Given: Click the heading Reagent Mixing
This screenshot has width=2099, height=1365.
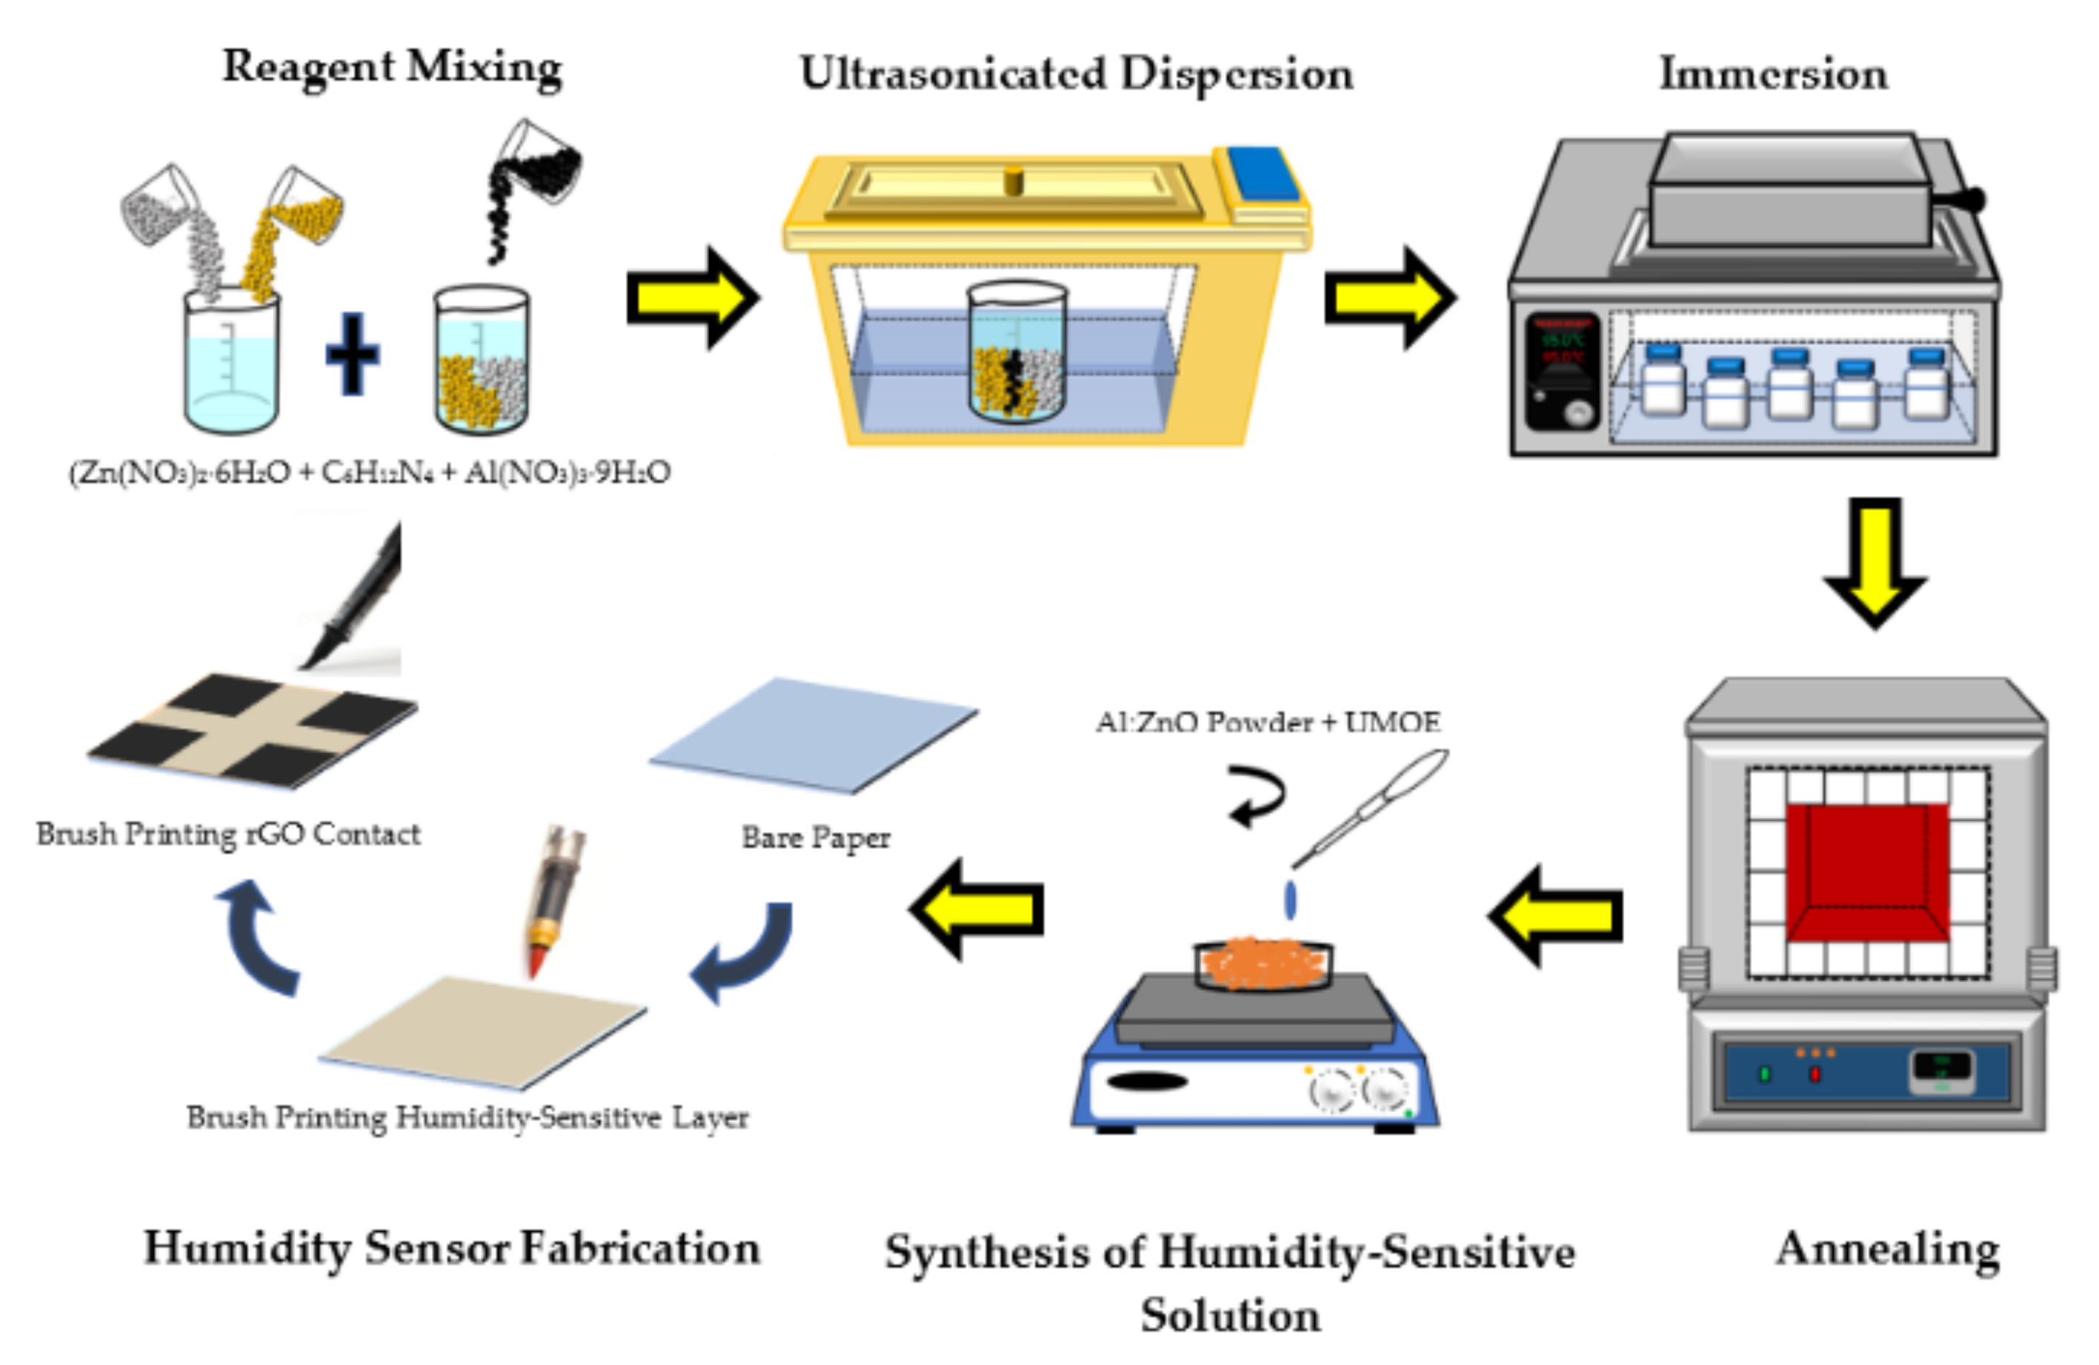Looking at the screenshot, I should pyautogui.click(x=392, y=67).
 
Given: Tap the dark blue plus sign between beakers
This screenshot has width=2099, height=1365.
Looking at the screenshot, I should pyautogui.click(x=353, y=353).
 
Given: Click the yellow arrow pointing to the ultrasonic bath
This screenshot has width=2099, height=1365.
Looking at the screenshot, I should pyautogui.click(x=692, y=298).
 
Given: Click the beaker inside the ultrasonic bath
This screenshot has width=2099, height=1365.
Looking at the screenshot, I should pyautogui.click(x=1016, y=351).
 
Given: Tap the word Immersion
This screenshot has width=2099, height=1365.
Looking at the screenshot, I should pyautogui.click(x=1773, y=73).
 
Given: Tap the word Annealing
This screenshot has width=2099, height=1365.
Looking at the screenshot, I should pyautogui.click(x=1886, y=1249).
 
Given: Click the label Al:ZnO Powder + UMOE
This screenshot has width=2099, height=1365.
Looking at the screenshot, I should pyautogui.click(x=1268, y=722).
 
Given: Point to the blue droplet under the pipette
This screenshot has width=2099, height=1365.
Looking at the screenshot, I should pyautogui.click(x=1290, y=899).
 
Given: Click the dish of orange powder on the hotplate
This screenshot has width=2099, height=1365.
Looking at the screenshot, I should pyautogui.click(x=1263, y=964).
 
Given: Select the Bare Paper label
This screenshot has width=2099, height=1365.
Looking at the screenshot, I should pyautogui.click(x=815, y=837).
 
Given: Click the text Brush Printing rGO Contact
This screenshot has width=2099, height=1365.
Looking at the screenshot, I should pyautogui.click(x=227, y=834).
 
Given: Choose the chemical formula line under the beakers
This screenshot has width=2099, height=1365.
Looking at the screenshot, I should pyautogui.click(x=370, y=473).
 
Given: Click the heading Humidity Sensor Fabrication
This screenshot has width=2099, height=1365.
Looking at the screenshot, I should pyautogui.click(x=451, y=1249).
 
